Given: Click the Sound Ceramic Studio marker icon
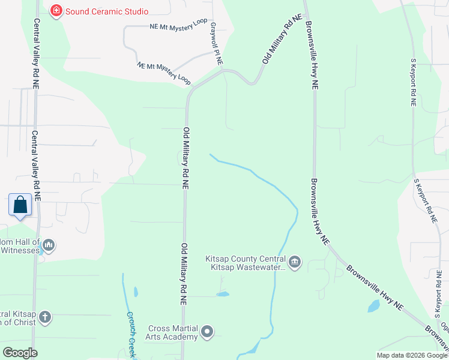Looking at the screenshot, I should [56, 11].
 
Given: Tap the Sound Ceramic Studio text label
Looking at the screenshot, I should [107, 11].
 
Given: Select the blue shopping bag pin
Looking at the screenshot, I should [20, 205].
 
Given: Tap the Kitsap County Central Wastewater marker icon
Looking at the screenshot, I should [295, 262].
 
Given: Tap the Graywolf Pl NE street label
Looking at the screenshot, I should [215, 44].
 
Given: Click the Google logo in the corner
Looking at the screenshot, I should [20, 353].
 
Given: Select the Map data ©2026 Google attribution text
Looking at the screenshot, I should [412, 355].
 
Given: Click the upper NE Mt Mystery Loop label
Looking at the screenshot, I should [178, 26].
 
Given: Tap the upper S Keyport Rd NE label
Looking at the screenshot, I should [412, 82].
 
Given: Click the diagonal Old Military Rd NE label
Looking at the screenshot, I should [281, 41].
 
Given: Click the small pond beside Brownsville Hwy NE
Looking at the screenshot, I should [373, 306].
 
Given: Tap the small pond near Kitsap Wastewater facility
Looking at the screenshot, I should [223, 295].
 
